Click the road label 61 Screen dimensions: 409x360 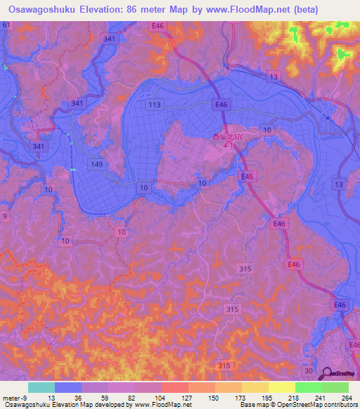[x=6, y=25]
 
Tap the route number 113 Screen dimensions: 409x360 [x=155, y=105]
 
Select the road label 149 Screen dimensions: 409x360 [x=98, y=163]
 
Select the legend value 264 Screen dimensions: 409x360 [x=347, y=397]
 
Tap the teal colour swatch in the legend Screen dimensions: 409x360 [x=41, y=387]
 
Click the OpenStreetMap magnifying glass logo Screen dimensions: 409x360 [x=327, y=375]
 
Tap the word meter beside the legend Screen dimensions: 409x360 [x=10, y=397]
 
